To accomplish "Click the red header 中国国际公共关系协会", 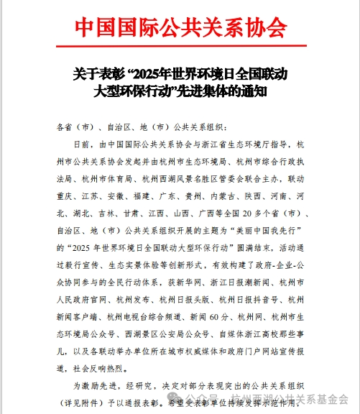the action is point(180,27).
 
